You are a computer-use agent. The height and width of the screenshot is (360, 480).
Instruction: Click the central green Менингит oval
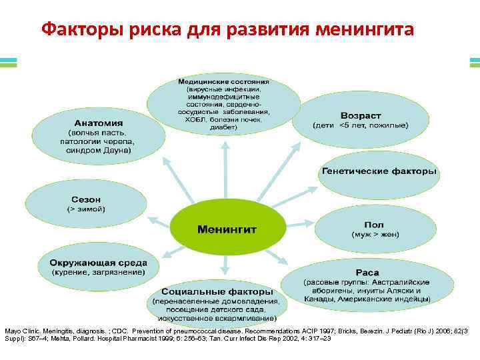coord(227,229)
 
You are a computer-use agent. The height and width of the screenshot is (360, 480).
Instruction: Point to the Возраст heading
coord(361,114)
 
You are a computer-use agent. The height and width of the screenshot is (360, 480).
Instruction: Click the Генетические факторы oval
coord(379,171)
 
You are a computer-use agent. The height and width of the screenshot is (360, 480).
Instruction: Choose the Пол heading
coord(373,225)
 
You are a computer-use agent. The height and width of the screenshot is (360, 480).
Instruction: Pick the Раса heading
coord(367,272)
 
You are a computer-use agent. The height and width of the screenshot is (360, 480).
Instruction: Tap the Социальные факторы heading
coord(217,292)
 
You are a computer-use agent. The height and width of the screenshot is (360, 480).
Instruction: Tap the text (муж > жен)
coord(375,235)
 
